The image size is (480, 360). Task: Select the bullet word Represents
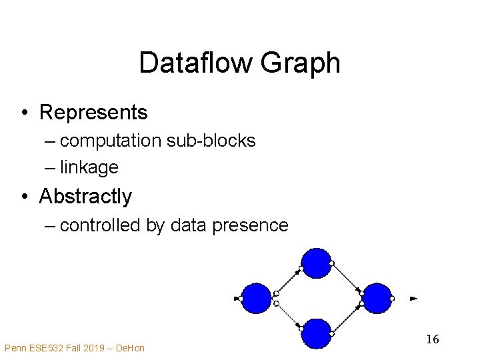(93, 113)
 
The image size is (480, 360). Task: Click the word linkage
(89, 167)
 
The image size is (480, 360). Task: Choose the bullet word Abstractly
(85, 197)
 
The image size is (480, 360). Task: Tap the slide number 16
(432, 339)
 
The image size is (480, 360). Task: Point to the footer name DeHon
(130, 347)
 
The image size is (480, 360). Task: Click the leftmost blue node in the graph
(256, 298)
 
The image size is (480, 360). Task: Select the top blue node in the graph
(316, 263)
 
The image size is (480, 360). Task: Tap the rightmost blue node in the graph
(377, 298)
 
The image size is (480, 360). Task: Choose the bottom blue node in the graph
(316, 333)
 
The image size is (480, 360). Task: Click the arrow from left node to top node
(288, 280)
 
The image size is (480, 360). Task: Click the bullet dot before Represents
(23, 113)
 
